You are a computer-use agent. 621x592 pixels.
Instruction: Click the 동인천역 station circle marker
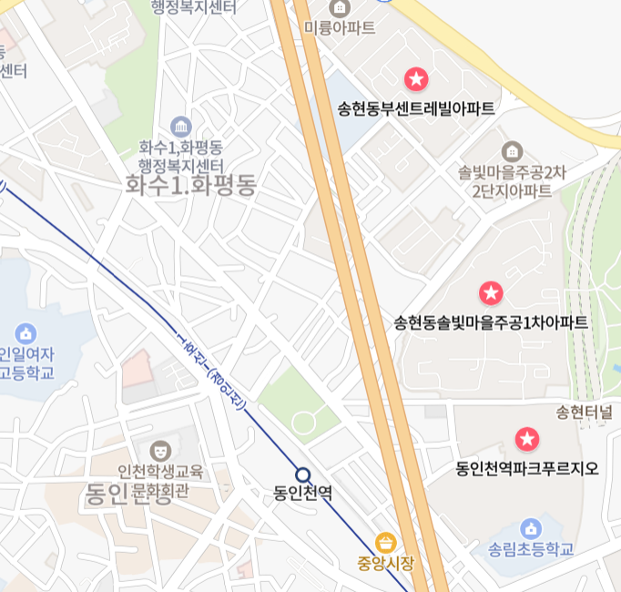pyautogui.click(x=302, y=475)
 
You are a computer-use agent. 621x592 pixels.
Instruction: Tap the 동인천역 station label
pyautogui.click(x=302, y=494)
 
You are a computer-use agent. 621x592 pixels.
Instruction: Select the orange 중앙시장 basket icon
pyautogui.click(x=385, y=542)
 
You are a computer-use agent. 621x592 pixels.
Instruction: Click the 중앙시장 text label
pyautogui.click(x=385, y=563)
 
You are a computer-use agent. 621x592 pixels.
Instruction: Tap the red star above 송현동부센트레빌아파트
pyautogui.click(x=416, y=79)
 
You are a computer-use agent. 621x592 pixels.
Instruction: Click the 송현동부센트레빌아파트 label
pyautogui.click(x=416, y=109)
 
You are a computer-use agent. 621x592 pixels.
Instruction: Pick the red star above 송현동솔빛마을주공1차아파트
pyautogui.click(x=491, y=293)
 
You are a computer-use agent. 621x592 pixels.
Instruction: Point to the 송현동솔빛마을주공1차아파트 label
pyautogui.click(x=491, y=322)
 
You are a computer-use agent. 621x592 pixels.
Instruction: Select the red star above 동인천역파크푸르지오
pyautogui.click(x=527, y=440)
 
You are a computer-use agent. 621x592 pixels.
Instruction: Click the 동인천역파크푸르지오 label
pyautogui.click(x=527, y=469)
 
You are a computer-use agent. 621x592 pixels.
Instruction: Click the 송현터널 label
pyautogui.click(x=584, y=413)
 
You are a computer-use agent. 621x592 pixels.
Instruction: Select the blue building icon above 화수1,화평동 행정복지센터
pyautogui.click(x=180, y=126)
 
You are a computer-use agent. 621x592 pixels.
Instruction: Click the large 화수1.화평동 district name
pyautogui.click(x=191, y=186)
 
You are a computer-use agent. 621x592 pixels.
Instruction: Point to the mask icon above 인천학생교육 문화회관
pyautogui.click(x=160, y=450)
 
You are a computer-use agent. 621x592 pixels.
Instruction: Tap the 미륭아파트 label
pyautogui.click(x=340, y=27)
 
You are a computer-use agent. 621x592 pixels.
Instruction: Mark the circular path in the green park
pyautogui.click(x=303, y=421)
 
